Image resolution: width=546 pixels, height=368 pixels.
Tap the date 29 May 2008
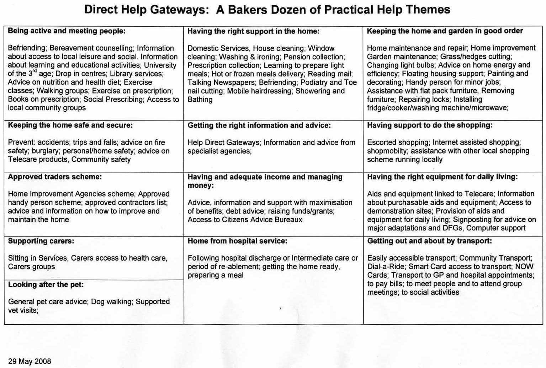pos(30,361)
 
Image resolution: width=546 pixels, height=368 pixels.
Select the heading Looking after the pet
pos(46,284)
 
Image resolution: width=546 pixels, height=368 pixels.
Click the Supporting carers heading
pos(41,241)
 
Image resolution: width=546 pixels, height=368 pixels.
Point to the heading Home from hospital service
pos(237,241)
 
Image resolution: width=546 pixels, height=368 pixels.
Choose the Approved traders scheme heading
pos(55,177)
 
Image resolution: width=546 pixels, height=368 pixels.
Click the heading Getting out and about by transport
pos(429,241)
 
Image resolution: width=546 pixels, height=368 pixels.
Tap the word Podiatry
pos(316,82)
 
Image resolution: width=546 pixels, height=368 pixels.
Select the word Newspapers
pos(235,82)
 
